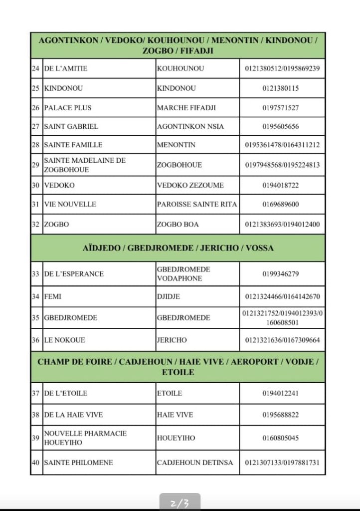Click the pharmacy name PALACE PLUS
[x=68, y=107]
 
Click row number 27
[x=35, y=126]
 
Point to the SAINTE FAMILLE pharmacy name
[x=73, y=145]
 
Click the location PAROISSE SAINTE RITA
[x=196, y=204]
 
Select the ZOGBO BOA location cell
[x=178, y=224]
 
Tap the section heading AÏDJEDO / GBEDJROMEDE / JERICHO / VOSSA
[x=178, y=248]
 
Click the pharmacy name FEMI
[x=52, y=296]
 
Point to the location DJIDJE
[x=168, y=296]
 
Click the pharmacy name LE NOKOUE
[x=64, y=340]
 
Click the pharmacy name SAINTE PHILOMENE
[x=78, y=463]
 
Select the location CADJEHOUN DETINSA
[x=194, y=463]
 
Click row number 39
[x=35, y=438]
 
